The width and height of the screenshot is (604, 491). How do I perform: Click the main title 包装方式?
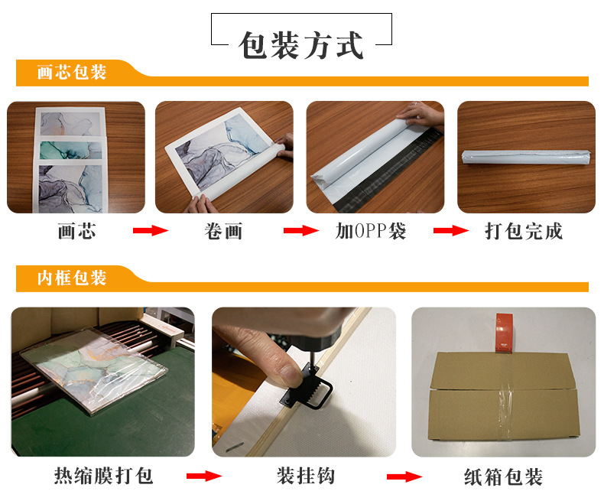click(x=300, y=45)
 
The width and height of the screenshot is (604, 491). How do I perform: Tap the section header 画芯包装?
click(x=72, y=72)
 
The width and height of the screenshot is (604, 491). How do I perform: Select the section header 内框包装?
click(x=72, y=278)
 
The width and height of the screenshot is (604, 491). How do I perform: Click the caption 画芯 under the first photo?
click(x=76, y=231)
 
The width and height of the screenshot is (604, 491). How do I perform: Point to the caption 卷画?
click(x=223, y=231)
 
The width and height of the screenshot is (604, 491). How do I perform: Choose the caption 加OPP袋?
click(x=371, y=231)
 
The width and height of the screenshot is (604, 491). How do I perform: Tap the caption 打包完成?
click(x=524, y=231)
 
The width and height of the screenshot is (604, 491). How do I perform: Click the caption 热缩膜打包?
click(x=103, y=476)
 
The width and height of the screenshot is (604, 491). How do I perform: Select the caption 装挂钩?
click(x=306, y=476)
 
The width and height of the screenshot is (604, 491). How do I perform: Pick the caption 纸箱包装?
click(x=503, y=476)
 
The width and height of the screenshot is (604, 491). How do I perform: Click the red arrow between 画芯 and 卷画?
click(x=151, y=230)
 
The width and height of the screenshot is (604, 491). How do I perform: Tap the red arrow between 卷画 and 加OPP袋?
click(x=301, y=230)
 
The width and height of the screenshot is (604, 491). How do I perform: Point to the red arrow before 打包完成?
click(x=451, y=230)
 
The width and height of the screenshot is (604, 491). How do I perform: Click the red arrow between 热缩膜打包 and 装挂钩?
click(x=204, y=476)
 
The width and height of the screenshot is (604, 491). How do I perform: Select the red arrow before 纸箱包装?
click(x=404, y=476)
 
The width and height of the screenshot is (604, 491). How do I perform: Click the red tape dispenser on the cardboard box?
click(x=504, y=333)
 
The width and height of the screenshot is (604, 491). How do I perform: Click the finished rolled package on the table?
click(x=526, y=157)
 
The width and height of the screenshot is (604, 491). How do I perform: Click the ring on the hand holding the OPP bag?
click(x=415, y=104)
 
